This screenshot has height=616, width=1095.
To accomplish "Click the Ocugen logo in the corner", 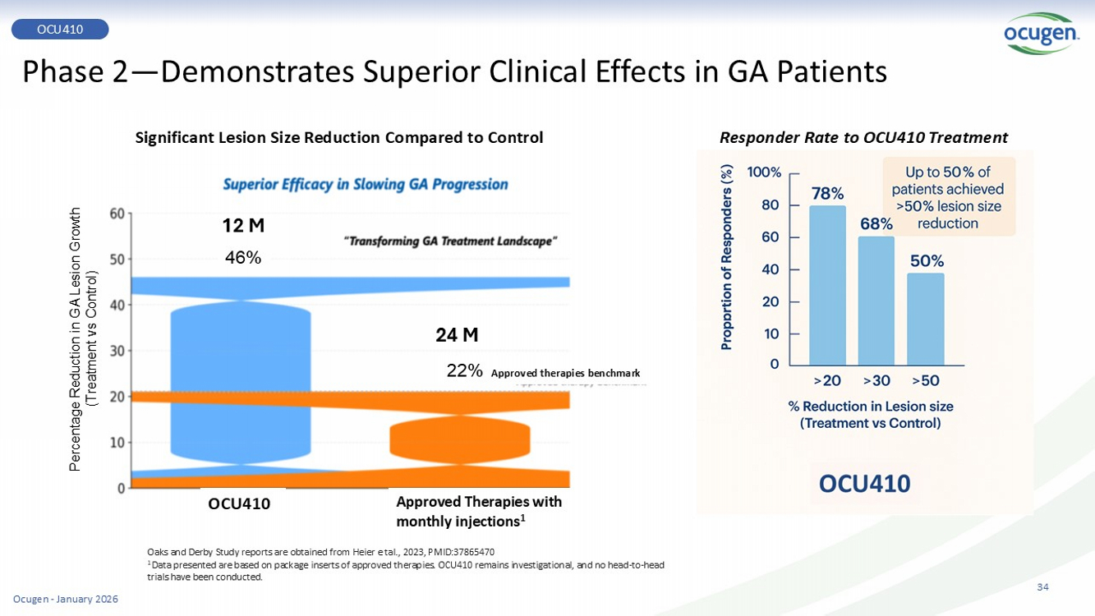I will click(1041, 34).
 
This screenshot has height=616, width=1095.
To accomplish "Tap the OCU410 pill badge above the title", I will click(60, 30).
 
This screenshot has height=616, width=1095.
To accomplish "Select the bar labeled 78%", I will click(827, 285).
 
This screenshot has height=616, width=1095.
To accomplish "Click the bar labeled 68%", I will click(876, 301).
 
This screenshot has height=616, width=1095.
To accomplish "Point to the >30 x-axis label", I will click(876, 380).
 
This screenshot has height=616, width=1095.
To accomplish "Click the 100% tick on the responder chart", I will click(763, 172).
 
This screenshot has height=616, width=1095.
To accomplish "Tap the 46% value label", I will click(243, 258).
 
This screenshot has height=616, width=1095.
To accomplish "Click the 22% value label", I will click(464, 370).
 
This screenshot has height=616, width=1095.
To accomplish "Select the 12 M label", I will click(243, 225).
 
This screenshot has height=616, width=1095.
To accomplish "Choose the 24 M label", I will click(457, 335).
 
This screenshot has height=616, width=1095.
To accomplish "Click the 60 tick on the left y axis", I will click(117, 214).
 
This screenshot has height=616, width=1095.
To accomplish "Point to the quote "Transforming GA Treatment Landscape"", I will click(450, 241).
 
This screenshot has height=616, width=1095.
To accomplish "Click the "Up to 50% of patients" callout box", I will click(948, 197).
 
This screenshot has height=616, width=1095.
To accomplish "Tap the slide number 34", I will click(1042, 586).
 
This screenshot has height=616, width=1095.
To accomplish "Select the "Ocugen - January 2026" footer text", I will click(66, 599).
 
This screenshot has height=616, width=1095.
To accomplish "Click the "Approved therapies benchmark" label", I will click(565, 373).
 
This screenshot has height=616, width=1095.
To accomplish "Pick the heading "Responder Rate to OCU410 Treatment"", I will click(863, 138).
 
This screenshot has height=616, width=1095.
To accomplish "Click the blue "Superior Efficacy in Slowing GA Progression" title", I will click(366, 185).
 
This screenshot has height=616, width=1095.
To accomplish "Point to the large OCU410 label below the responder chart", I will click(864, 484).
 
